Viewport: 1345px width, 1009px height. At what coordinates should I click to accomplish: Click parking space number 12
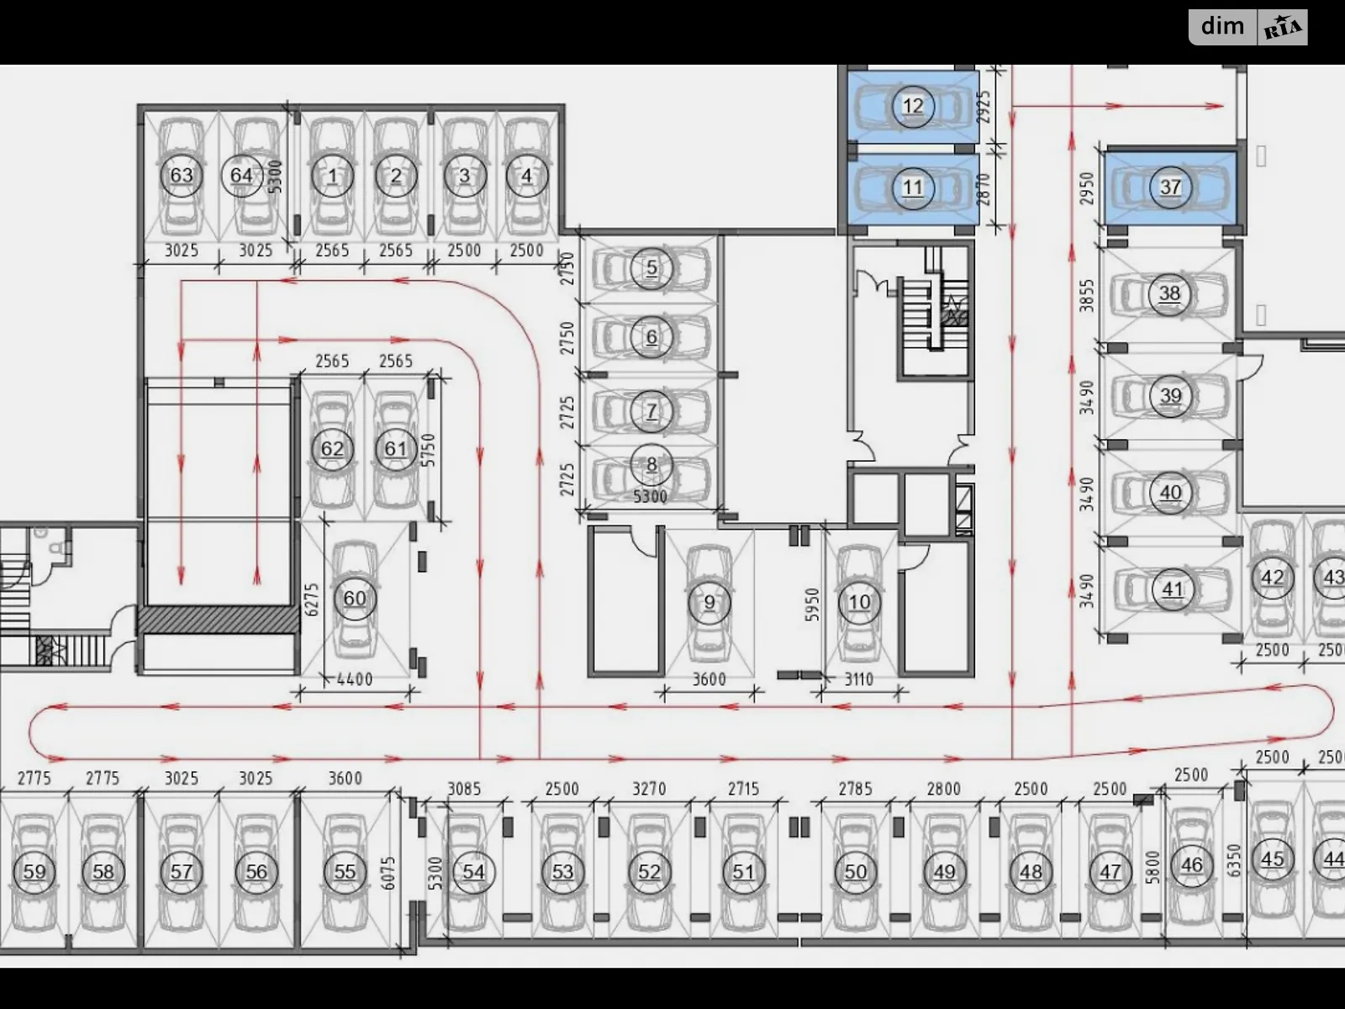pos(912,106)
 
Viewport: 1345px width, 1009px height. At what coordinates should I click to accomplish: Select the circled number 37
pos(1170,187)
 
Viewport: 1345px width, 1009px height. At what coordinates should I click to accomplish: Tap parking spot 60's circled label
pos(355,599)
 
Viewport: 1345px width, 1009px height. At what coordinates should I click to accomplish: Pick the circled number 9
pos(709,602)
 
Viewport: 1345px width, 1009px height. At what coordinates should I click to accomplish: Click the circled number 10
pos(859,602)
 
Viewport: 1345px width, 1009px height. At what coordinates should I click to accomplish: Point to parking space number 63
pos(182,176)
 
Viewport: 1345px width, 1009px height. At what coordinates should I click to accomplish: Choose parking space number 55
pos(345,872)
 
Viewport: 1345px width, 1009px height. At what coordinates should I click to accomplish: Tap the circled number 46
pos(1191,864)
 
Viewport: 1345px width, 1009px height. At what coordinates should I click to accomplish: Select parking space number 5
pos(651,268)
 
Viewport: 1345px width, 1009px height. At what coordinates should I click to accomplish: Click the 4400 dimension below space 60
pos(354,679)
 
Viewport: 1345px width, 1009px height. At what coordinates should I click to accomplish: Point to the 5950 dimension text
pos(811,604)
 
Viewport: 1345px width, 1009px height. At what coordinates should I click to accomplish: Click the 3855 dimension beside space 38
pos(1088,296)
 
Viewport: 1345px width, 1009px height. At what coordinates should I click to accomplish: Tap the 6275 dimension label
pos(312,600)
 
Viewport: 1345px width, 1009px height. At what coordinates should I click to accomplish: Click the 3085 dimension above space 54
pos(464,789)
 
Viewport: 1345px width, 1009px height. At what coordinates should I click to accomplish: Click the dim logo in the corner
pos(1222,27)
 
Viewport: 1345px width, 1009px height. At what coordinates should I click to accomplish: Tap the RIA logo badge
pos(1283,29)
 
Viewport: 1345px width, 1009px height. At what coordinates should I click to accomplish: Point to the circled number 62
pos(332,449)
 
